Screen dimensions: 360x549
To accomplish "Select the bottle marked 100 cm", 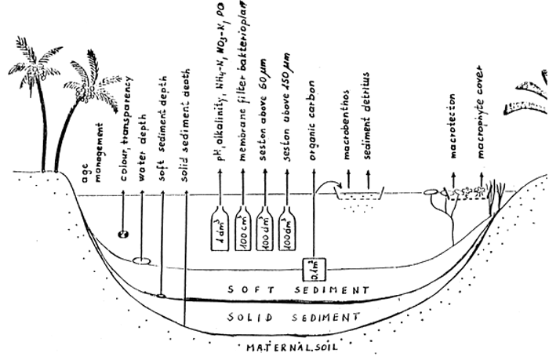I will click(x=245, y=232).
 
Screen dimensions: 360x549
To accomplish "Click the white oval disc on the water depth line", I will click(x=142, y=260).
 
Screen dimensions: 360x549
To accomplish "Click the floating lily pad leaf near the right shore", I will click(x=430, y=191).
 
